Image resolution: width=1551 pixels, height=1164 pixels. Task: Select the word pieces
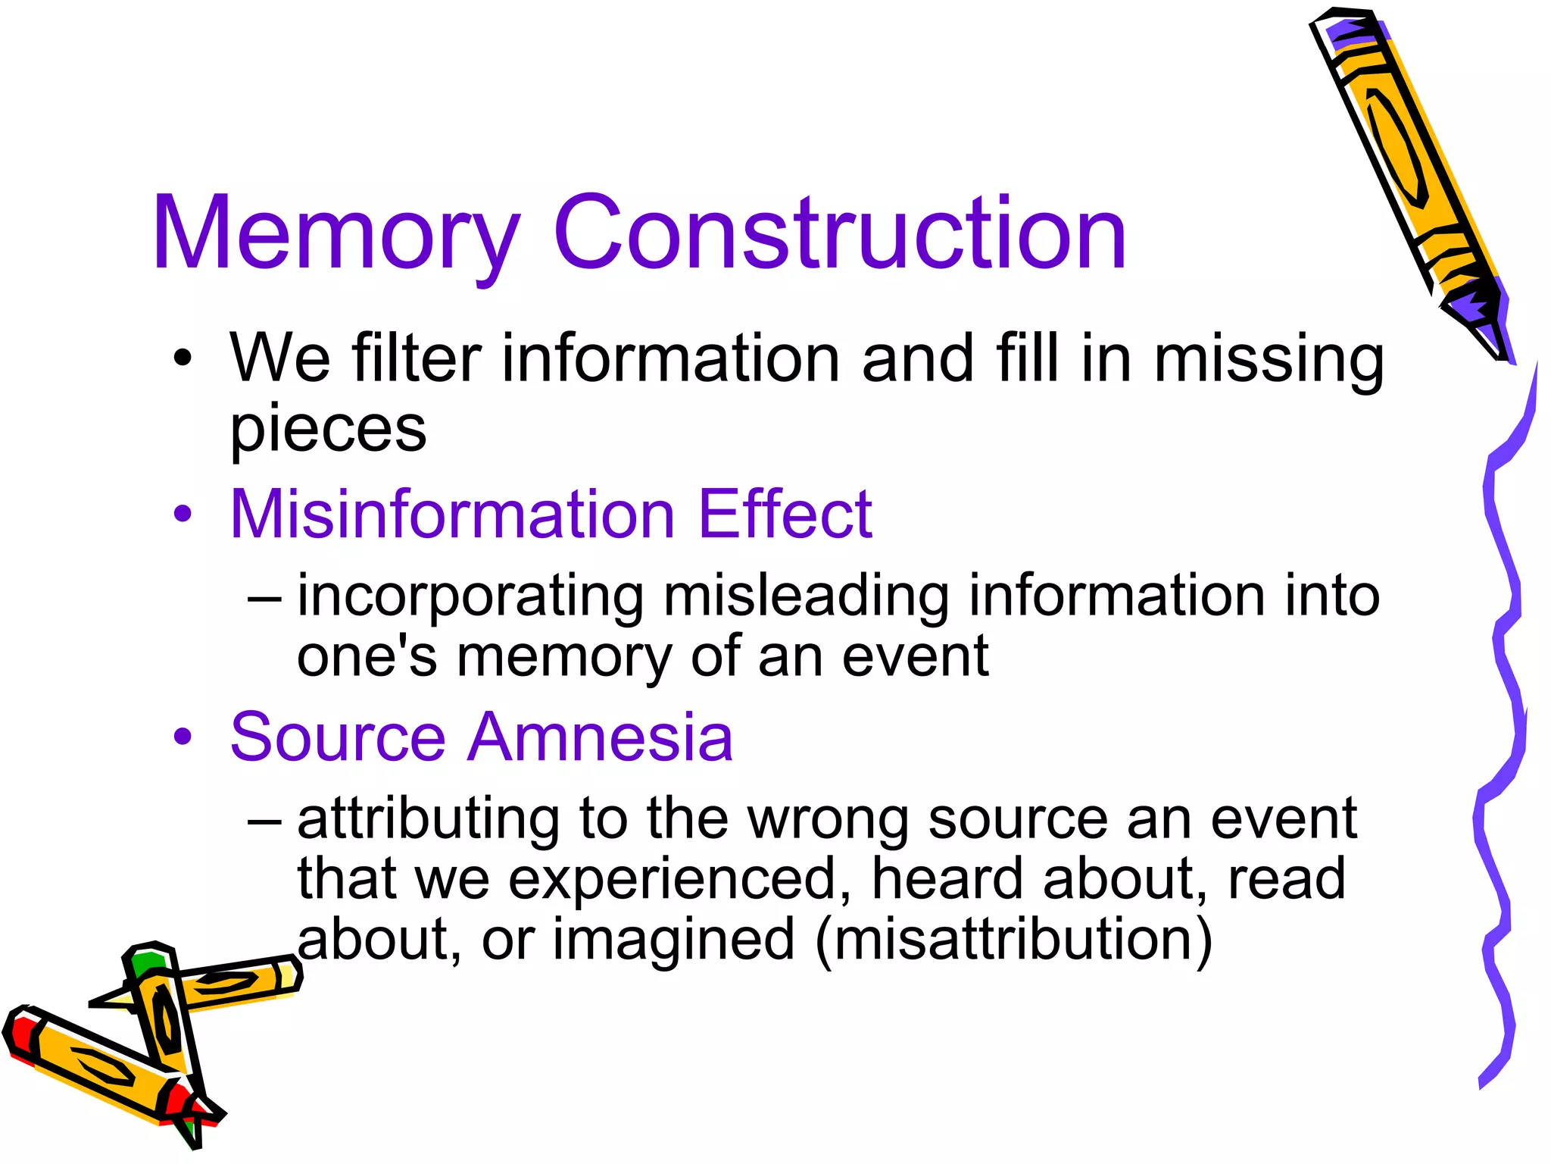click(x=328, y=430)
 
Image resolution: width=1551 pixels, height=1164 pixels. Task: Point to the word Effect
click(x=785, y=515)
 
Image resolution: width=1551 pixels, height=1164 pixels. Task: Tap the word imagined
click(x=673, y=940)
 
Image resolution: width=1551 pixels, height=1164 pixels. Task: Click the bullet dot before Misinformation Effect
click(x=183, y=515)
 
